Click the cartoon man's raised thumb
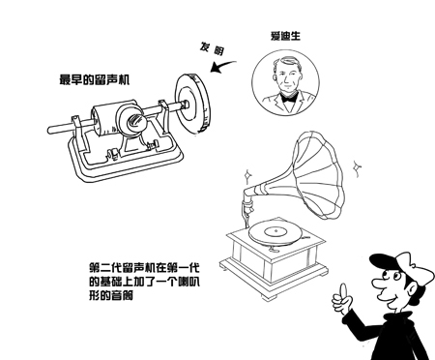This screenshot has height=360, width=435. point(339,289)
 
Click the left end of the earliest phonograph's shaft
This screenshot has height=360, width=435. point(53,127)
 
